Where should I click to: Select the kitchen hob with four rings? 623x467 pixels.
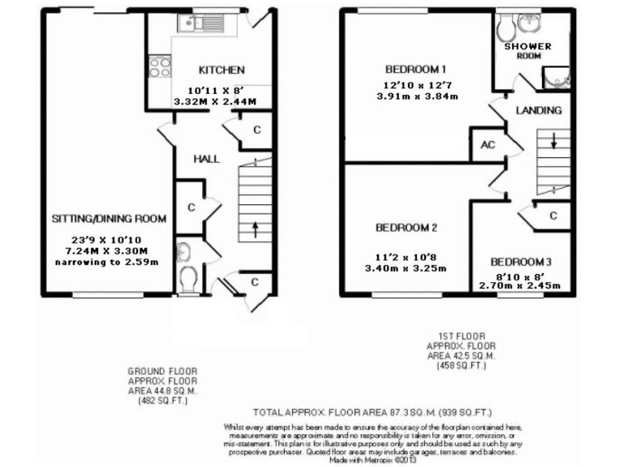[x=156, y=66]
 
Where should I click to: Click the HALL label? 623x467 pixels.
[x=206, y=160]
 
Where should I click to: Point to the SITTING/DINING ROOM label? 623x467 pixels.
[x=110, y=219]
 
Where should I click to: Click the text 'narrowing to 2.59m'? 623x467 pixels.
[x=110, y=263]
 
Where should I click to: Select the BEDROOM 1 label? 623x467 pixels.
[x=416, y=68]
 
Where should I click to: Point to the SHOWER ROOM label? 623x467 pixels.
[x=528, y=51]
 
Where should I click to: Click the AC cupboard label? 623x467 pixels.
[x=488, y=145]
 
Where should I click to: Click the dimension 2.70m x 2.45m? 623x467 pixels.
[x=521, y=285]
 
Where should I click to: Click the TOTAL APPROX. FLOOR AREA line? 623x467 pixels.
[x=372, y=411]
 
